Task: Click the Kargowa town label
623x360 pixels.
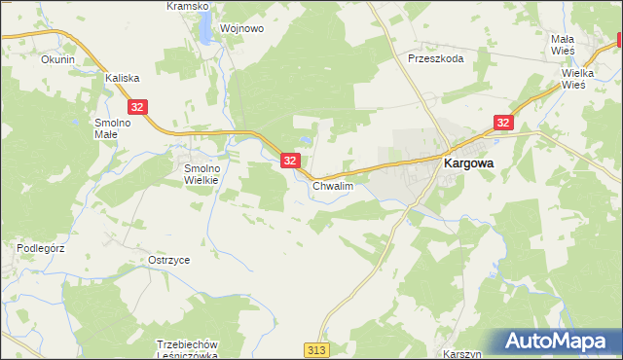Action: click(468, 164)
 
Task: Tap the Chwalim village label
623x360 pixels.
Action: click(332, 185)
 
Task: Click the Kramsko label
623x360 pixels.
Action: click(187, 6)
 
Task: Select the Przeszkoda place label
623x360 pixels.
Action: click(435, 58)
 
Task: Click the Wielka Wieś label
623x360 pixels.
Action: click(585, 79)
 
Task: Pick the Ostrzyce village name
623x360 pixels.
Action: click(168, 261)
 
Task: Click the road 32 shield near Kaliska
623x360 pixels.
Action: click(138, 107)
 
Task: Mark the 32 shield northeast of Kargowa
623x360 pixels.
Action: click(502, 123)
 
